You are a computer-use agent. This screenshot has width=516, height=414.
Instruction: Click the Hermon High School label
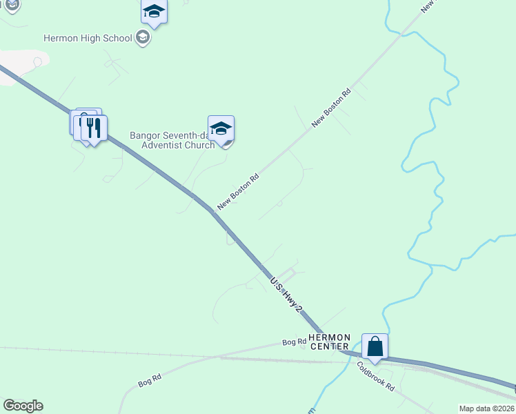point(88,38)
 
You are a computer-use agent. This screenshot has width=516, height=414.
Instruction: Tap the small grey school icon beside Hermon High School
point(143,37)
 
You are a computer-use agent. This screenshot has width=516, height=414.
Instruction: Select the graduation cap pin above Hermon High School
point(154,12)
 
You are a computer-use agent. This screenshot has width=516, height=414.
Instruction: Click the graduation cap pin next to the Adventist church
point(221,129)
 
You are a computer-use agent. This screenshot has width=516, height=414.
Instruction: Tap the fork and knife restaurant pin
point(94,128)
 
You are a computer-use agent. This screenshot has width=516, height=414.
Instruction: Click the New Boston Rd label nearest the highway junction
point(238,191)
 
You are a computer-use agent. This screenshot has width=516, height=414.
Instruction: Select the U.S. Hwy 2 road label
point(286,295)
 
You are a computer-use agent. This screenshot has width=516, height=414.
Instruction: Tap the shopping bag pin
point(375,346)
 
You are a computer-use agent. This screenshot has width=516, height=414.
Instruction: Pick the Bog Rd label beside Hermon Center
point(294,342)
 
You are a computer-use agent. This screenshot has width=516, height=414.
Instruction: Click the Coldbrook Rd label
point(375,377)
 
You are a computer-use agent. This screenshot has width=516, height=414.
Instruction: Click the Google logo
point(23,406)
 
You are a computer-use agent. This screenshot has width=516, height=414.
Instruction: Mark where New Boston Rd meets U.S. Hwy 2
point(210,209)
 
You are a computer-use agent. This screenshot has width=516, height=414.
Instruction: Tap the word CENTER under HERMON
point(330,346)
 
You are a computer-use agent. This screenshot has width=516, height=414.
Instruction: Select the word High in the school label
point(91,38)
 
